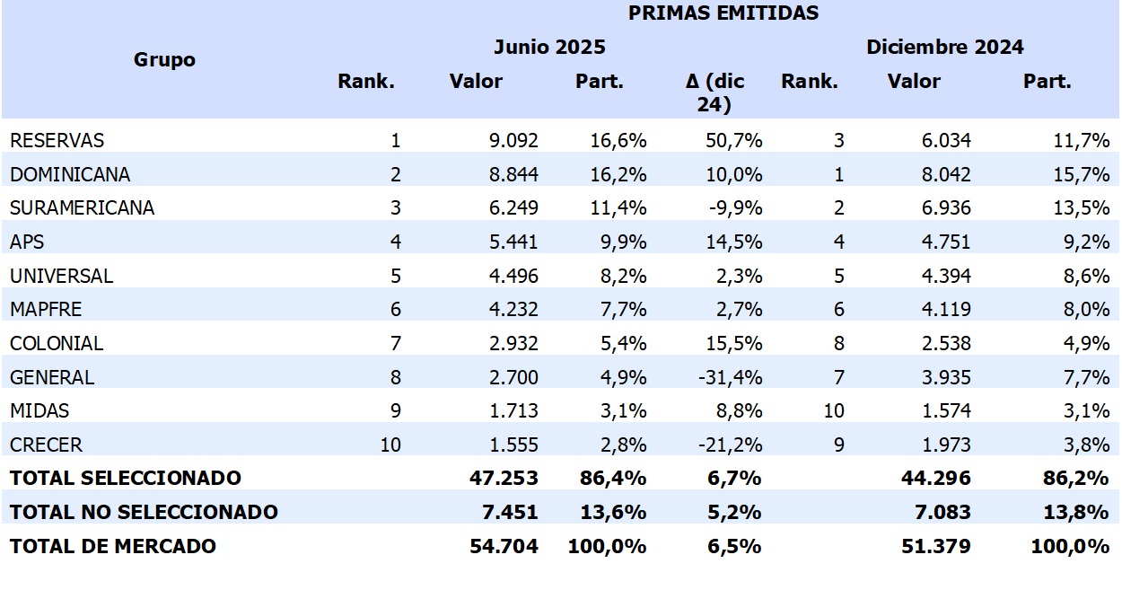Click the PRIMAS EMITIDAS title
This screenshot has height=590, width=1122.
(723, 13)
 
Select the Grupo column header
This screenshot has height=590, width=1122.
(164, 60)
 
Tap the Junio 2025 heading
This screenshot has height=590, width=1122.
(549, 47)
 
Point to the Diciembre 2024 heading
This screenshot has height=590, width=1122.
(944, 47)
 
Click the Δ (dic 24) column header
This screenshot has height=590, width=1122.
(714, 92)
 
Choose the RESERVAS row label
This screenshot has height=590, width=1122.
(57, 140)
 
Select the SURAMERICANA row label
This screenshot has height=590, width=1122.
(82, 207)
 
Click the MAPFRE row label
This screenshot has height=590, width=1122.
(46, 309)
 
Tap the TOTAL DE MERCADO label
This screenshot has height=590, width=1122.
(113, 545)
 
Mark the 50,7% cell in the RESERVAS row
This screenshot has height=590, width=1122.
(735, 140)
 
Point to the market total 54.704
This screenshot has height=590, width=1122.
(504, 545)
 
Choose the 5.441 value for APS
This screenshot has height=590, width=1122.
(513, 242)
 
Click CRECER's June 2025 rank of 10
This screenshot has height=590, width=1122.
(390, 445)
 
